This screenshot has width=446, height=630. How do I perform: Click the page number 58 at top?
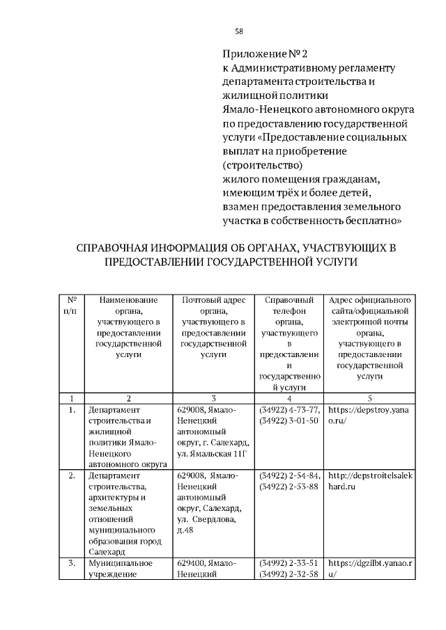[239, 31]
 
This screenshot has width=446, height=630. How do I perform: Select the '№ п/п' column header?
[71, 306]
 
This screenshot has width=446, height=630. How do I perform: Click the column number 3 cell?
[214, 398]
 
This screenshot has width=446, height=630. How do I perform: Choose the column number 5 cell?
[370, 398]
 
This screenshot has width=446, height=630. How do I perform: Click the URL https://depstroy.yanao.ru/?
[370, 416]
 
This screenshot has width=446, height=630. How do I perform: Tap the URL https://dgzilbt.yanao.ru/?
[370, 568]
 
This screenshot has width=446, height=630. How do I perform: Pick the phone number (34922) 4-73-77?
[289, 410]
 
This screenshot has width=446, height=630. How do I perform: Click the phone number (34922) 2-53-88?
[288, 487]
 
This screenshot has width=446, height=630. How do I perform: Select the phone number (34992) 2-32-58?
[288, 574]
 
